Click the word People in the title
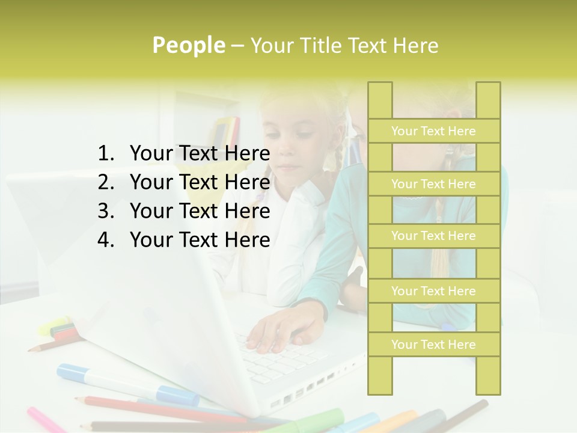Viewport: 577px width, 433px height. [x=188, y=45]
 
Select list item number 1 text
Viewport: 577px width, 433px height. [x=200, y=153]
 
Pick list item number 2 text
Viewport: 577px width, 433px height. [x=200, y=182]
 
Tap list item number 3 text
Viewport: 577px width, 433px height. [x=200, y=211]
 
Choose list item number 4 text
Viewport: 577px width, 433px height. [x=200, y=240]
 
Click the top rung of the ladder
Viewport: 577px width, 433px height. [x=433, y=131]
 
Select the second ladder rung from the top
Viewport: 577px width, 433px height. [x=433, y=184]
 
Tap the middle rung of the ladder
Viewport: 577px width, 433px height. [x=433, y=236]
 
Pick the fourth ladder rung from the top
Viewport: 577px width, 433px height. [x=433, y=291]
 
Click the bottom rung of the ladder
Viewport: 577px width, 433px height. [x=433, y=345]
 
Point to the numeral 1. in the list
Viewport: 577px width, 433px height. [x=105, y=153]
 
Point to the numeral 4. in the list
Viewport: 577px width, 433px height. [x=105, y=240]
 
